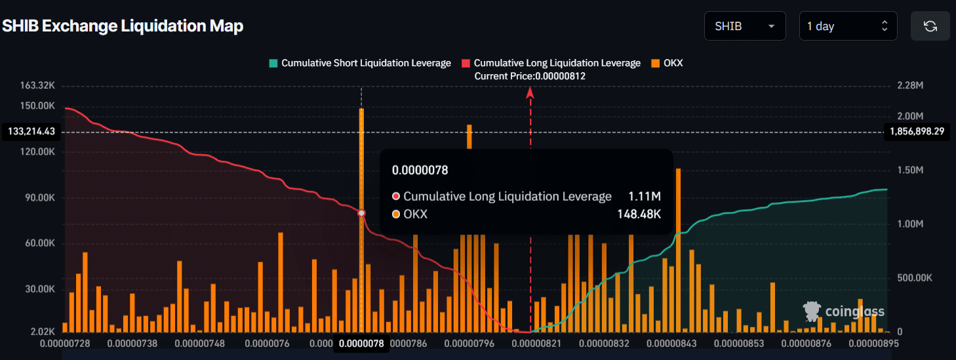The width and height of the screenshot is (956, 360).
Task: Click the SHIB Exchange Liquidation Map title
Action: click(123, 26)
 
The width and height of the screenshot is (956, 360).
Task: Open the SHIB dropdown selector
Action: click(744, 26)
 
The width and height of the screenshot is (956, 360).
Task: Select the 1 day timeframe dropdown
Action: click(847, 26)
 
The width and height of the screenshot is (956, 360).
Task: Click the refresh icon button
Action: click(930, 26)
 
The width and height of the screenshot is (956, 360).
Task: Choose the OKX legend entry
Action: click(667, 63)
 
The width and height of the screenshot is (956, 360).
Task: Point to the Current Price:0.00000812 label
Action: click(530, 76)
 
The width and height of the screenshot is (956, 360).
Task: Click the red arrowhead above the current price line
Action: click(530, 92)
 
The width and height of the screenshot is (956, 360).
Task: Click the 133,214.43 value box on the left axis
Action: click(31, 132)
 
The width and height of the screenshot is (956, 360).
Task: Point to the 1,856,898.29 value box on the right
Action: click(917, 132)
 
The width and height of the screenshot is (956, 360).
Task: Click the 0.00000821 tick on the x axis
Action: click(530, 342)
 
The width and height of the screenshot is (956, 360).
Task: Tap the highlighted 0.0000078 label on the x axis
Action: click(361, 343)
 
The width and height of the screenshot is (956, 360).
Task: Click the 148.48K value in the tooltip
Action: click(639, 214)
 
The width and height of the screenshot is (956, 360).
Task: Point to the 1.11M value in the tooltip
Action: click(644, 196)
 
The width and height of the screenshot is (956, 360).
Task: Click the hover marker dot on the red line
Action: click(361, 213)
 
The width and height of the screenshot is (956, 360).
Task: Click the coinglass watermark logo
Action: click(844, 311)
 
